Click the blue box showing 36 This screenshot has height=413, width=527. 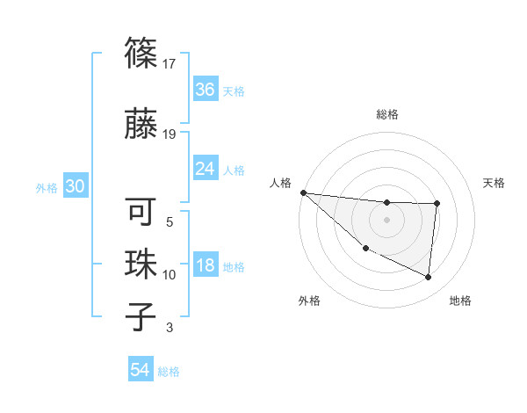pos(205,90)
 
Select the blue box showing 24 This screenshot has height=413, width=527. pos(205,169)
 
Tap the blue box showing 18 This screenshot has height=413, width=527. pos(205,266)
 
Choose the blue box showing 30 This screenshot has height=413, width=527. pos(75,187)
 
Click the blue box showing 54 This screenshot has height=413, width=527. pos(141,370)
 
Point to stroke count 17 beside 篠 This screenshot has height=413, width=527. pos(170,64)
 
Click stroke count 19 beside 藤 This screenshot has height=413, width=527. pos(170,134)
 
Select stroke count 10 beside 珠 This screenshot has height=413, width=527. pos(170,275)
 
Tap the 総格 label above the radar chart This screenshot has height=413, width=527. pos(386,114)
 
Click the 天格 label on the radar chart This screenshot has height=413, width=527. pos(495,183)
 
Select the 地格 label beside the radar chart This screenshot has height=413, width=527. pos(460,301)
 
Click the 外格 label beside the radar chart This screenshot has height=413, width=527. pos(309,301)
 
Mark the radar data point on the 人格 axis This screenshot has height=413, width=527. pos(303,192)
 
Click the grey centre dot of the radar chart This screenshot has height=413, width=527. pos(386,220)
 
